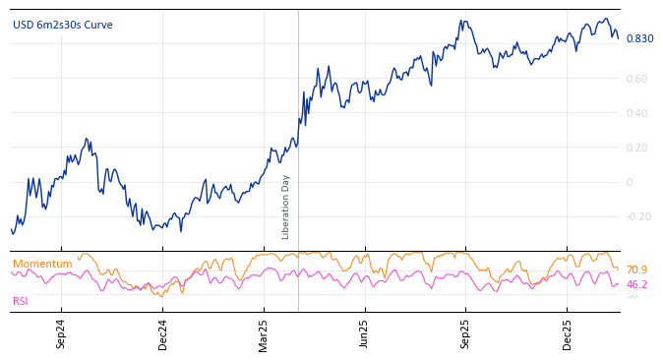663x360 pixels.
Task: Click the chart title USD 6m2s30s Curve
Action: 63,26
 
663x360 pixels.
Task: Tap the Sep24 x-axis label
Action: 61,333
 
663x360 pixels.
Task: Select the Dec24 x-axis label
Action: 163,333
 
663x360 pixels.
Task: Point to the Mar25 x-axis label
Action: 264,333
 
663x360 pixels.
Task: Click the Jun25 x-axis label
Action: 364,333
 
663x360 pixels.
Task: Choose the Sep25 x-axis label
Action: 465,333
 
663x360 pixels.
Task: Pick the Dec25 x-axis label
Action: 567,333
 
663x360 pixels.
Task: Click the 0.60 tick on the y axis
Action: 636,79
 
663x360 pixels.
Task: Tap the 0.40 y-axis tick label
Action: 636,113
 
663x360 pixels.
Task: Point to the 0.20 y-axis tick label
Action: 636,148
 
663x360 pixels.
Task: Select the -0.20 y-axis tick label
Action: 636,216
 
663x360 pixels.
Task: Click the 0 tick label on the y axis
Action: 630,182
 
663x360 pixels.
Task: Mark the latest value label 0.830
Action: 639,39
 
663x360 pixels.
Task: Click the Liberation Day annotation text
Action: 286,207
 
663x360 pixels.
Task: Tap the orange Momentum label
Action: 42,264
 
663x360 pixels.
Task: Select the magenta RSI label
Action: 21,301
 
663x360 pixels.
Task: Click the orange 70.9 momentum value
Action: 636,270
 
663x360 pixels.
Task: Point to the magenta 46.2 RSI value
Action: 636,284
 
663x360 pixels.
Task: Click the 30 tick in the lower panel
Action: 632,295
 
